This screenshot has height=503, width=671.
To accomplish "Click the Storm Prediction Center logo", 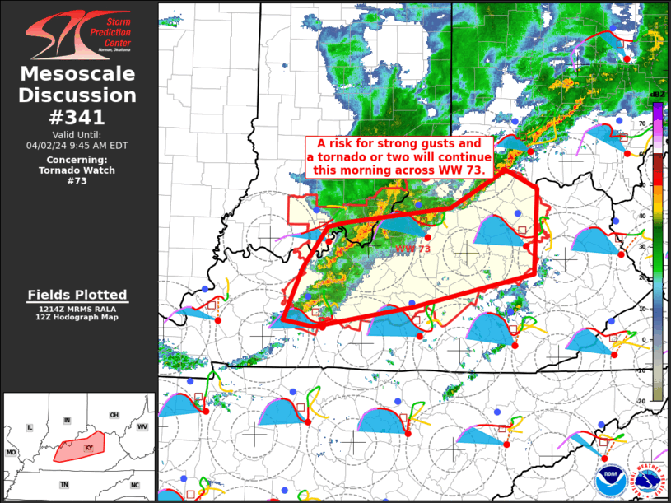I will (x=78, y=34).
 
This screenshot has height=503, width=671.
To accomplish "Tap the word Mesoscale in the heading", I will (x=78, y=74).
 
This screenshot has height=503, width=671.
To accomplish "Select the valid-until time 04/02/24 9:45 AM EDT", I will (x=78, y=145).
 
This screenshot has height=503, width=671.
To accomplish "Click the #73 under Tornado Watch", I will (x=78, y=181).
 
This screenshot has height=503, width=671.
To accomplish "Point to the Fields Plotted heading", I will (x=77, y=295).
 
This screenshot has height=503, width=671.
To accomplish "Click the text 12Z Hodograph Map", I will (x=77, y=317).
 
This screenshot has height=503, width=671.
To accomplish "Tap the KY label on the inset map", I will (x=89, y=447).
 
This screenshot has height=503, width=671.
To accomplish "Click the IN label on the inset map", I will (x=68, y=421).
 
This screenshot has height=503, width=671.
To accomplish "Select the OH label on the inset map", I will (x=114, y=414).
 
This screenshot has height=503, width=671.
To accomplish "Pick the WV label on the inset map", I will (x=142, y=427).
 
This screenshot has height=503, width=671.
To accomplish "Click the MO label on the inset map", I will (x=12, y=453).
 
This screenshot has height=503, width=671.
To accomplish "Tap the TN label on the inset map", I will (x=63, y=485).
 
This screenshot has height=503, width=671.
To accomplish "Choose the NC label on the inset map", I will (x=134, y=485).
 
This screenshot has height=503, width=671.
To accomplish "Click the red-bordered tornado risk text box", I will (x=398, y=156).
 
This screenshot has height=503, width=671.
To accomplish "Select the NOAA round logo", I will (x=610, y=477).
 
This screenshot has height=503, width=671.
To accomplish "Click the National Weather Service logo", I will (x=646, y=477).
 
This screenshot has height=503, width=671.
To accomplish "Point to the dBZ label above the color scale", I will (x=657, y=95).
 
